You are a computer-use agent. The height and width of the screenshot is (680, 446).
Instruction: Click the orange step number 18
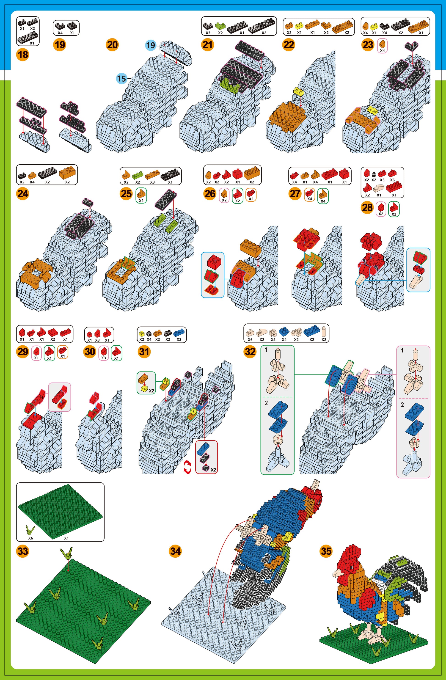click(23, 54)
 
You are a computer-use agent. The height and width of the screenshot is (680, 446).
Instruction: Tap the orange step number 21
click(208, 45)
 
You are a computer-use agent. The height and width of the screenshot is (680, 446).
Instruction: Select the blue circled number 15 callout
click(121, 78)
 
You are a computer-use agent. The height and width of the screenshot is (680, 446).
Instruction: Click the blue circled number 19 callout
click(151, 45)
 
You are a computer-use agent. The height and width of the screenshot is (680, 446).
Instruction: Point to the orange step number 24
click(23, 194)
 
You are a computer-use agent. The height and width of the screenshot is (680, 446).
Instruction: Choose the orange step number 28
click(368, 207)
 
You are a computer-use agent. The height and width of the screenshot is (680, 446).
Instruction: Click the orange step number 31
click(144, 351)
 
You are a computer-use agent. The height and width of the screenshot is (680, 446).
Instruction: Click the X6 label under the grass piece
click(30, 538)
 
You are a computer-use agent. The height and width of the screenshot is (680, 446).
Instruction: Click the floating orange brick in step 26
click(250, 246)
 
